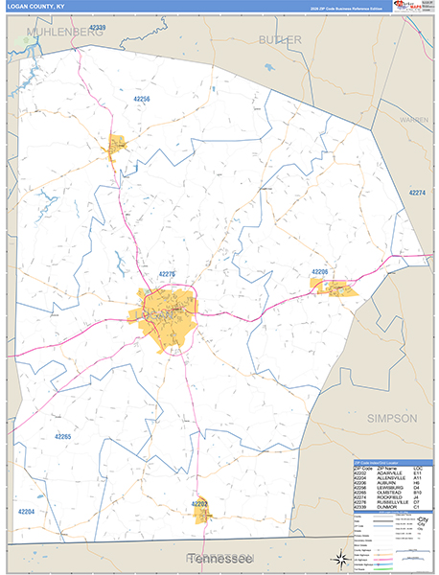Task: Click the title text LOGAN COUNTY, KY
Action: pyautogui.click(x=33, y=7)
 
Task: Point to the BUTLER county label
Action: pyautogui.click(x=280, y=39)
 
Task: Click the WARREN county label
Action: pyautogui.click(x=414, y=120)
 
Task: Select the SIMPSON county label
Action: pyautogui.click(x=392, y=418)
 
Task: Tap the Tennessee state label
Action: pyautogui.click(x=219, y=558)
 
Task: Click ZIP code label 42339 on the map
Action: pyautogui.click(x=95, y=28)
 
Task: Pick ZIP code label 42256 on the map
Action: pyautogui.click(x=142, y=99)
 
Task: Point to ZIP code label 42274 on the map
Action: pyautogui.click(x=417, y=193)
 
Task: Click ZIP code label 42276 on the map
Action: pyautogui.click(x=167, y=274)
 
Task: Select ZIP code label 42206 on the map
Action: pyautogui.click(x=319, y=272)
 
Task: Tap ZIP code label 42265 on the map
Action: pyautogui.click(x=63, y=436)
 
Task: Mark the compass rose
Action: pyautogui.click(x=338, y=558)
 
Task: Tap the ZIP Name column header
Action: pyautogui.click(x=383, y=466)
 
